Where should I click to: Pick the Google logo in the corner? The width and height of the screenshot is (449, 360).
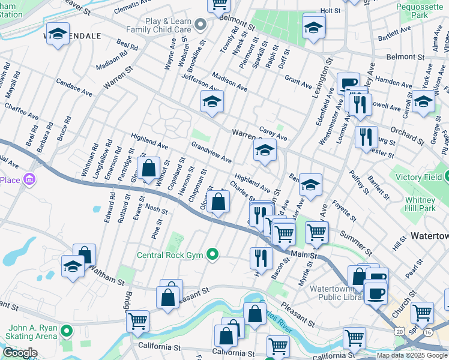[20, 353]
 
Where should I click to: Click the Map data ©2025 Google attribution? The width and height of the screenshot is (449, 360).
[412, 355]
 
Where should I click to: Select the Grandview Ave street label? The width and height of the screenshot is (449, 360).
[211, 152]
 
